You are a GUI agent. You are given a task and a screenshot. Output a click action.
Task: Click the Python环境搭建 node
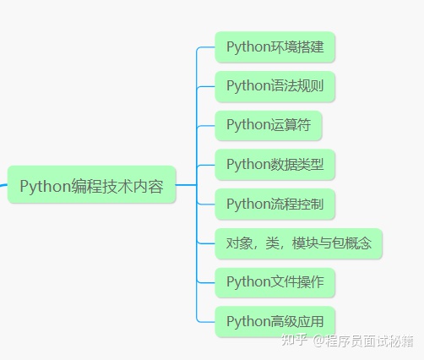tap(275, 46)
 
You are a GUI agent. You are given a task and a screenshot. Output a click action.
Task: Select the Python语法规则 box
tap(275, 86)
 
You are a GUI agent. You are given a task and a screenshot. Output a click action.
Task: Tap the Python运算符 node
tap(269, 125)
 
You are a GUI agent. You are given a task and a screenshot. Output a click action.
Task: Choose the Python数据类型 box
tap(275, 165)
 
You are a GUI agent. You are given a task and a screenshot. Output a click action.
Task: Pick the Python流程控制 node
tap(275, 204)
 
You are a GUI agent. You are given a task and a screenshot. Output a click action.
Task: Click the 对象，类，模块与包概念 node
tap(298, 243)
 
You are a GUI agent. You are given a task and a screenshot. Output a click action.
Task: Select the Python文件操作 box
tap(275, 282)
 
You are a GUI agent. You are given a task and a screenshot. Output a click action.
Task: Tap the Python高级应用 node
tap(275, 322)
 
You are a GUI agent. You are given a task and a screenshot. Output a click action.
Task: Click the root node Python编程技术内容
tap(91, 185)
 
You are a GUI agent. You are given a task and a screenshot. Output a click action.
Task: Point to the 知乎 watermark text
tap(294, 340)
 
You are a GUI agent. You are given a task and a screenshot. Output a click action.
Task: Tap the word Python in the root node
tap(45, 187)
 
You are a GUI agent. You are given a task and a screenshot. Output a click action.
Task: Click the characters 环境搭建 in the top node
tap(297, 46)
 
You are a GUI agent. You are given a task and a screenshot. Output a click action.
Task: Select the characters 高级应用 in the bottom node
tap(297, 322)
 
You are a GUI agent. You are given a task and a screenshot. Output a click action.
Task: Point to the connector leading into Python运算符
tap(206, 126)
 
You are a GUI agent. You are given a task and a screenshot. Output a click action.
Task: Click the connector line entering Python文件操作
tap(206, 282)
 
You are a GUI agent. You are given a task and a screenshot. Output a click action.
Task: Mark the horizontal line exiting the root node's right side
tap(186, 185)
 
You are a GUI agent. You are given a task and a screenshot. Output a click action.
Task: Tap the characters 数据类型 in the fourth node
tap(297, 165)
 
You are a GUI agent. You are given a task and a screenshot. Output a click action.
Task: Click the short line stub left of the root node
tap(3, 185)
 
